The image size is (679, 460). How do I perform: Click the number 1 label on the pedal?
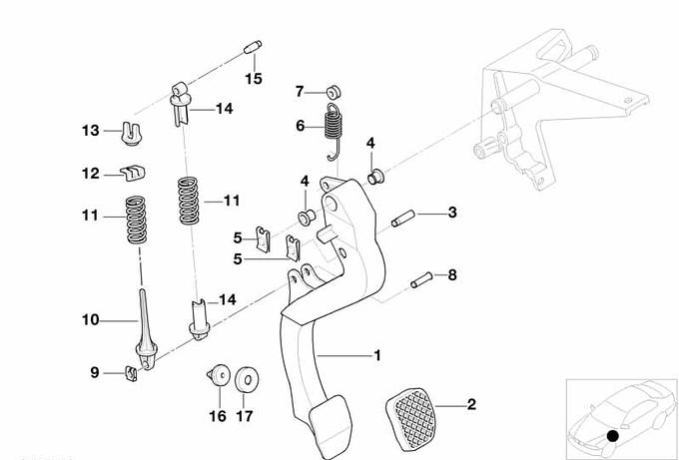pos(376,353)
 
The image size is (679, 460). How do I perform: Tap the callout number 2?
pos(471,404)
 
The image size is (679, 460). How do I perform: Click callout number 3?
pos(452,212)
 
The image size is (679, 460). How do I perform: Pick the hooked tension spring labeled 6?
pos(337,127)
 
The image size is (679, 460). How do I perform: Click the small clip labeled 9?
pos(130,374)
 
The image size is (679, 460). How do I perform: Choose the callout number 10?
pos(90,319)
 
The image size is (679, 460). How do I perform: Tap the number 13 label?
pos(91,130)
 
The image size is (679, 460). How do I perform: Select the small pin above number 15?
pos(252,47)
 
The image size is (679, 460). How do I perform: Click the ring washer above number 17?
pos(244,380)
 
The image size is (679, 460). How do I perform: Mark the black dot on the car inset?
pos(612,435)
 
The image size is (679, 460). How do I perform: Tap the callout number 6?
pos(300,126)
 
